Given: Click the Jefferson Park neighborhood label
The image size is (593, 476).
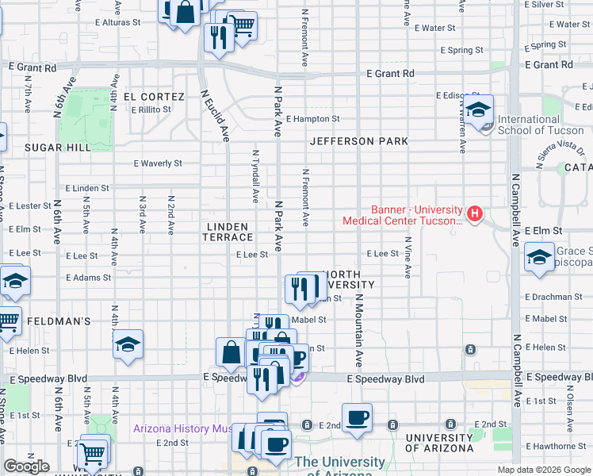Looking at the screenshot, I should point(359,141).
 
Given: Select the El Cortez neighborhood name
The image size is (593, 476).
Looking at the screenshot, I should point(154,97).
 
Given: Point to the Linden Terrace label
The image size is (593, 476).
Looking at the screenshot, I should point(229,232).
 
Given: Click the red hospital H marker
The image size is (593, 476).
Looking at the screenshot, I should point(474,213).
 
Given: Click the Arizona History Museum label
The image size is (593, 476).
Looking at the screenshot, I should point(182,429).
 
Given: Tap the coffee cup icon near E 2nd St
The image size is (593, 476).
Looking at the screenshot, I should point(357,416).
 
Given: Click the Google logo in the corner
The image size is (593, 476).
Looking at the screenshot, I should point(26,466).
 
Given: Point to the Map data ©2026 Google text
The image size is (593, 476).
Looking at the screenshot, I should point(544,470).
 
